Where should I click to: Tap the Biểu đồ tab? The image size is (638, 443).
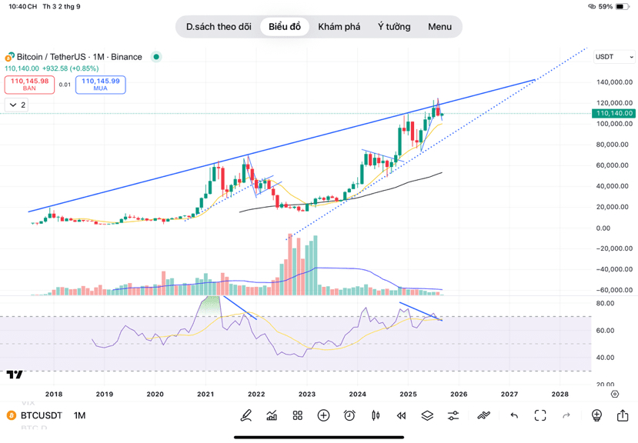point(285,27)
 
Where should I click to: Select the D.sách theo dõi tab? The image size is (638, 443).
point(219,27)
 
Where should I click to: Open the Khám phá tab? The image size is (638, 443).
point(339,27)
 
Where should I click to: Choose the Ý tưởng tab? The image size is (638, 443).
point(394,27)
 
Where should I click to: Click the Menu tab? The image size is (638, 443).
point(439,27)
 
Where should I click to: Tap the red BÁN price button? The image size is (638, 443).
point(29,84)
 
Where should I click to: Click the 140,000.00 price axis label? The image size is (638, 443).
point(614,82)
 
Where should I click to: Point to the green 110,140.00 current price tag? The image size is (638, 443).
point(614,113)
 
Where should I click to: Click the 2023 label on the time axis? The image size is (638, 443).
point(306,394)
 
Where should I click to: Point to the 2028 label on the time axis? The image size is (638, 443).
point(560,394)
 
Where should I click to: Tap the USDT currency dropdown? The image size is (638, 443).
point(614,57)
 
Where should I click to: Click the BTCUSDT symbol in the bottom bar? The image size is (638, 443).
point(41,415)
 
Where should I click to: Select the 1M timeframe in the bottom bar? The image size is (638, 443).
point(79,415)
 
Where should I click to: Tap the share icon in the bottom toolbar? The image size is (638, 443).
point(622,415)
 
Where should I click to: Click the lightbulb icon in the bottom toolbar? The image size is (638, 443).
point(596,415)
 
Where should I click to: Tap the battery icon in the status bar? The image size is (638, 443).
point(623,6)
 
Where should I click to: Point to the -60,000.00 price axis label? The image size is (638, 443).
point(614,290)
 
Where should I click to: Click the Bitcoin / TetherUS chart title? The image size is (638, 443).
point(53,57)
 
